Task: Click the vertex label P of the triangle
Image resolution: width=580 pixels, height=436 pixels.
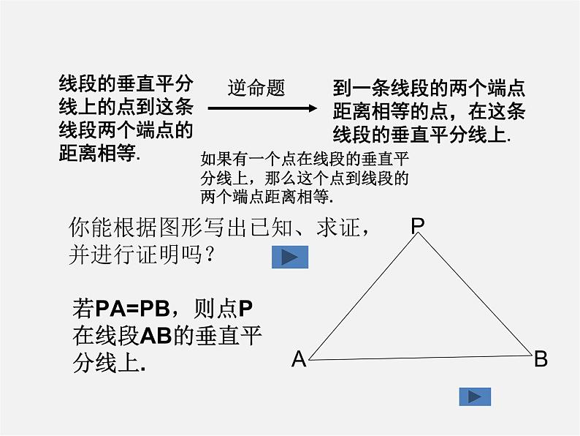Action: (417, 225)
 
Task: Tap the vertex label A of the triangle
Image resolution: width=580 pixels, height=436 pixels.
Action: (298, 359)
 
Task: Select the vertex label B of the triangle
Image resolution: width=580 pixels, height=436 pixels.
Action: (541, 359)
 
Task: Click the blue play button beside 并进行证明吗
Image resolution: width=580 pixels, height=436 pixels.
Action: (290, 257)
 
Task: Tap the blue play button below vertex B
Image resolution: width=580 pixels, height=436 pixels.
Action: (475, 396)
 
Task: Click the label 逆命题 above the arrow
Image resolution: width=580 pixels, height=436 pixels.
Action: (256, 89)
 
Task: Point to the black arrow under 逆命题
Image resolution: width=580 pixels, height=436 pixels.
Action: (262, 108)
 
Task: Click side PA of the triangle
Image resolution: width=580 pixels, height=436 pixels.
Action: (363, 297)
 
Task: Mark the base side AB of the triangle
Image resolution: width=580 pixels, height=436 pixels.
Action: (420, 357)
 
